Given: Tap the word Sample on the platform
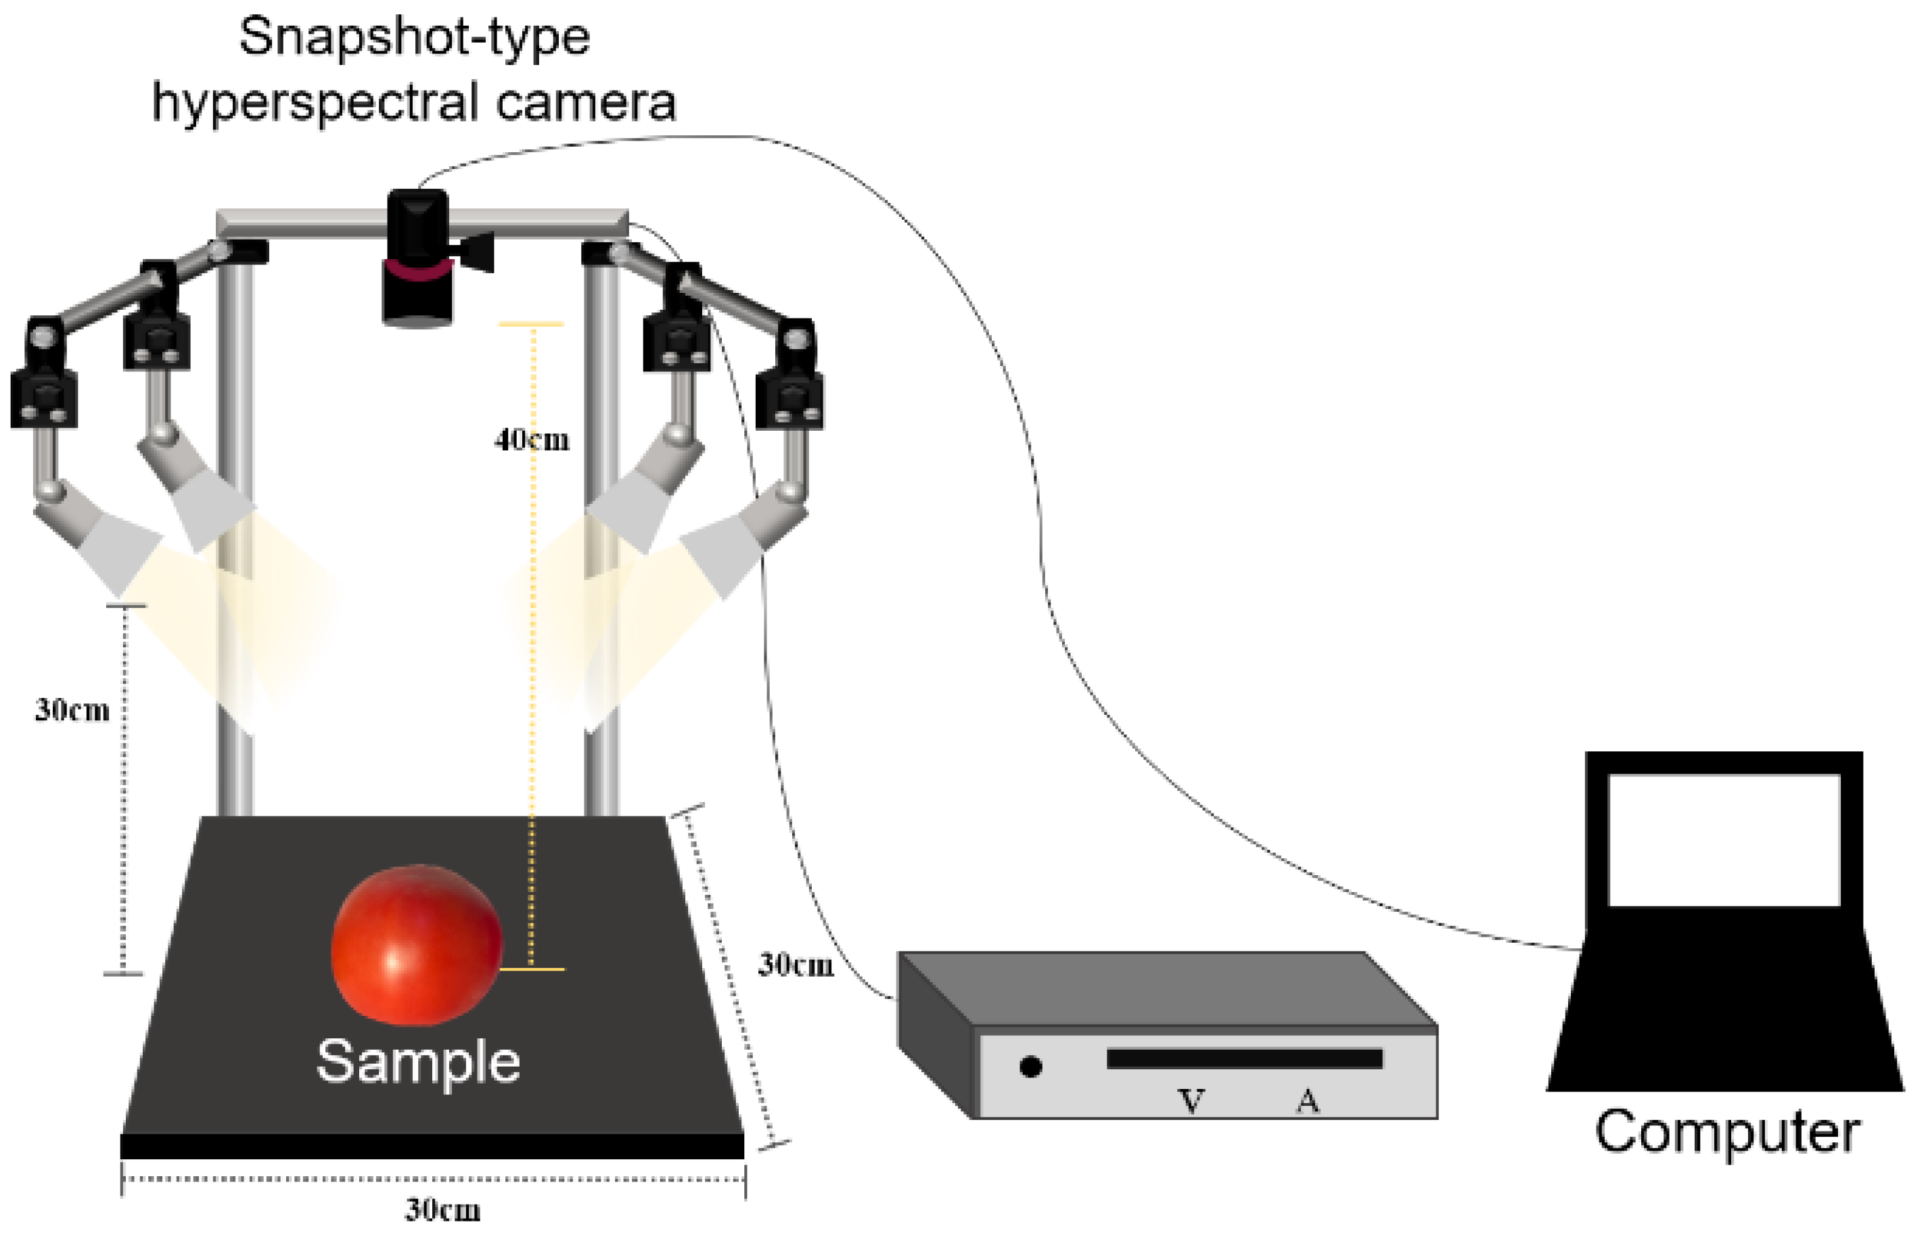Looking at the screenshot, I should [418, 1062].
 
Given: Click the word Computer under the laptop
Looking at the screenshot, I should [1726, 1132].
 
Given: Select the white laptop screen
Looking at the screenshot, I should [1724, 839].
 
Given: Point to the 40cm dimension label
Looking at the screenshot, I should [532, 440].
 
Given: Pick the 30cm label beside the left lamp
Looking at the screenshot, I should [72, 709].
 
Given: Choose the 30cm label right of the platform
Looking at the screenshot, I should [796, 964].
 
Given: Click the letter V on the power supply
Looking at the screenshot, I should [1191, 1101].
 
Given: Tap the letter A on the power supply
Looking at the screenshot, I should [1308, 1101].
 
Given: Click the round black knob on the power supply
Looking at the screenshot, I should [1031, 1067].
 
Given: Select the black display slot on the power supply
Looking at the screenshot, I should [1244, 1058].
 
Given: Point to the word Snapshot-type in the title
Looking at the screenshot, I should [414, 37].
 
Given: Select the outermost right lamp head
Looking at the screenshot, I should [722, 553].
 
